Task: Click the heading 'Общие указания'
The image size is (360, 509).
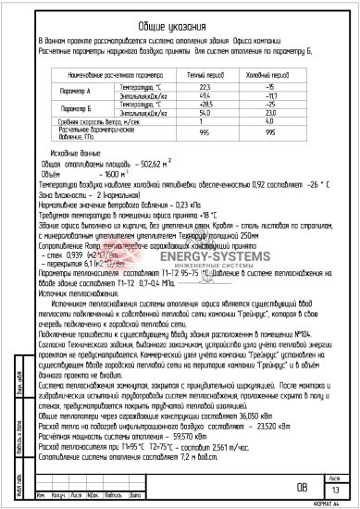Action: (182, 29)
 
